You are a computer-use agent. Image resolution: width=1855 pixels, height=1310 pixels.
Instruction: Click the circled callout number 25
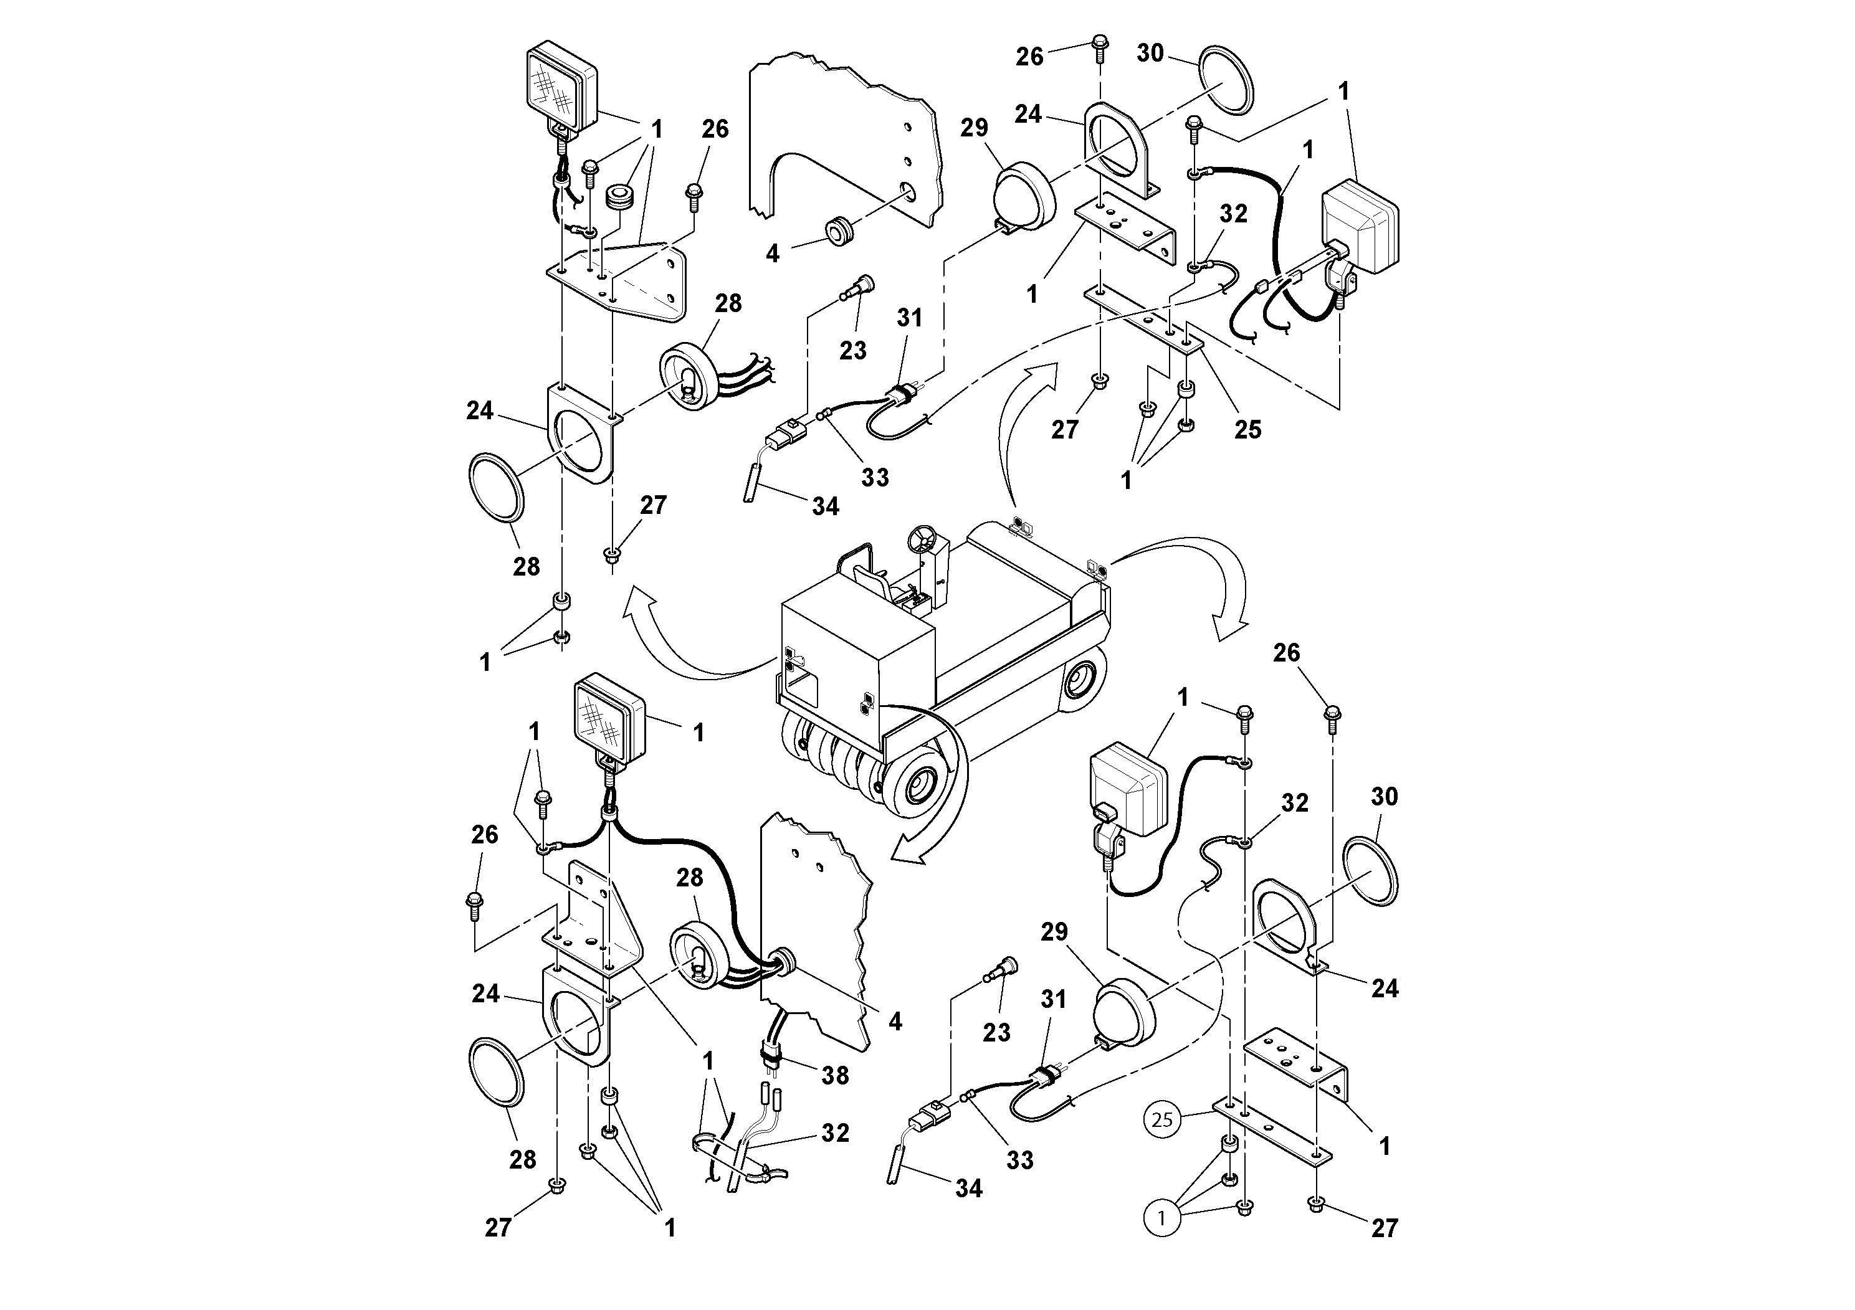(x=1162, y=1119)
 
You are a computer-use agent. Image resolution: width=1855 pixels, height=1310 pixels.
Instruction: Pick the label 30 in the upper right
(x=1150, y=54)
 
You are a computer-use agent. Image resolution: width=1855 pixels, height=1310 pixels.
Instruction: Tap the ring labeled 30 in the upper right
(x=1226, y=81)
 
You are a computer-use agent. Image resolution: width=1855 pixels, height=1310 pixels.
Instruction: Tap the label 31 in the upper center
(x=909, y=318)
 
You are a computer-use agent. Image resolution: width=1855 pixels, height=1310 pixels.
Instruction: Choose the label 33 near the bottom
(x=1019, y=1160)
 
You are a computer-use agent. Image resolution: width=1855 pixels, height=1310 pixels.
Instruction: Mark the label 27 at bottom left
(x=498, y=1228)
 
